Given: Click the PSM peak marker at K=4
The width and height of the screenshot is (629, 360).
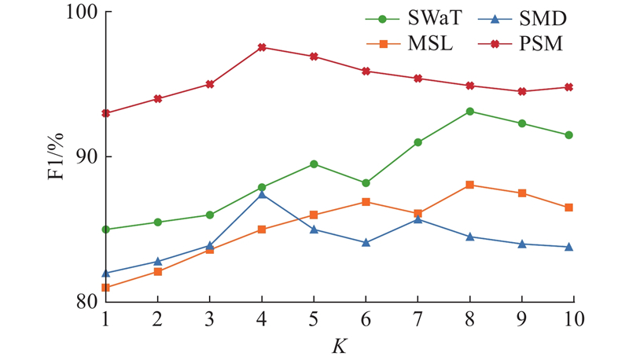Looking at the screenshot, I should click(x=262, y=47).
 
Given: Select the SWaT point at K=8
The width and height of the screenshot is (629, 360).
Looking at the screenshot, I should click(x=470, y=112).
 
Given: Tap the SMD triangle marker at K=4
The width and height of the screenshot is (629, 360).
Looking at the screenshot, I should click(x=262, y=194).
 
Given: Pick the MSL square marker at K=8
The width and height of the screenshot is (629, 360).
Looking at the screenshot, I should click(x=470, y=185).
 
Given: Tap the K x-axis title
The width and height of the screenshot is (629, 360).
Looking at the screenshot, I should click(x=339, y=344).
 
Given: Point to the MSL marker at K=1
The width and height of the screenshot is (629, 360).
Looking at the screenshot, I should click(x=106, y=288).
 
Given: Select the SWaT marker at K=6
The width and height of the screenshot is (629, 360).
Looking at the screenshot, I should click(x=366, y=183).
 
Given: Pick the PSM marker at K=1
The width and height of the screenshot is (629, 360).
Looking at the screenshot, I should click(x=106, y=113).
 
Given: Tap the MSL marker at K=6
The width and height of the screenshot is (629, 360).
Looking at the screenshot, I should click(x=366, y=202).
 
